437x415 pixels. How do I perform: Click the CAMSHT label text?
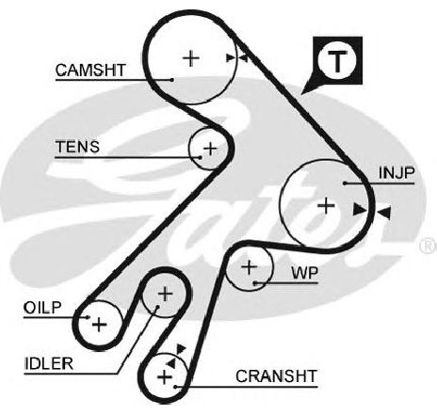90,71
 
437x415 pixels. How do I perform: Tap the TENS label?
77,147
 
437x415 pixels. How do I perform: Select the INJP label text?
397,173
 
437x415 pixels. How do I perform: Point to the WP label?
305,273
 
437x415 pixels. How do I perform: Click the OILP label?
42,308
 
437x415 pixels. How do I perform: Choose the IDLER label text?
49,364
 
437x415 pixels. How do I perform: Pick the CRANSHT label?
276,376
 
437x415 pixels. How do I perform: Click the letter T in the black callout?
337,61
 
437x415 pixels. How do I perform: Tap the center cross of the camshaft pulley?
191,58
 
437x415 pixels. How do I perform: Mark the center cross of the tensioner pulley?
210,149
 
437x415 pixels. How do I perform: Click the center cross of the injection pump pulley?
326,206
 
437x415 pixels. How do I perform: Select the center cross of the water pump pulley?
250,267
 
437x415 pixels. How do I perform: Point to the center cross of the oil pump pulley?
100,325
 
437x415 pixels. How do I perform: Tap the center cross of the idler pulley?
166,295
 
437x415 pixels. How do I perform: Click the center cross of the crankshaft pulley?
165,376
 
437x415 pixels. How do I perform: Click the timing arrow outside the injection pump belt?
384,213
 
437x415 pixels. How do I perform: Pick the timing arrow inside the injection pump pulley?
360,210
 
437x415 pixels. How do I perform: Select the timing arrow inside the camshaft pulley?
231,58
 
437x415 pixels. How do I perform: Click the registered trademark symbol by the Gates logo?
429,246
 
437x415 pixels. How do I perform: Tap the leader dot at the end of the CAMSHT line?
171,80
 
